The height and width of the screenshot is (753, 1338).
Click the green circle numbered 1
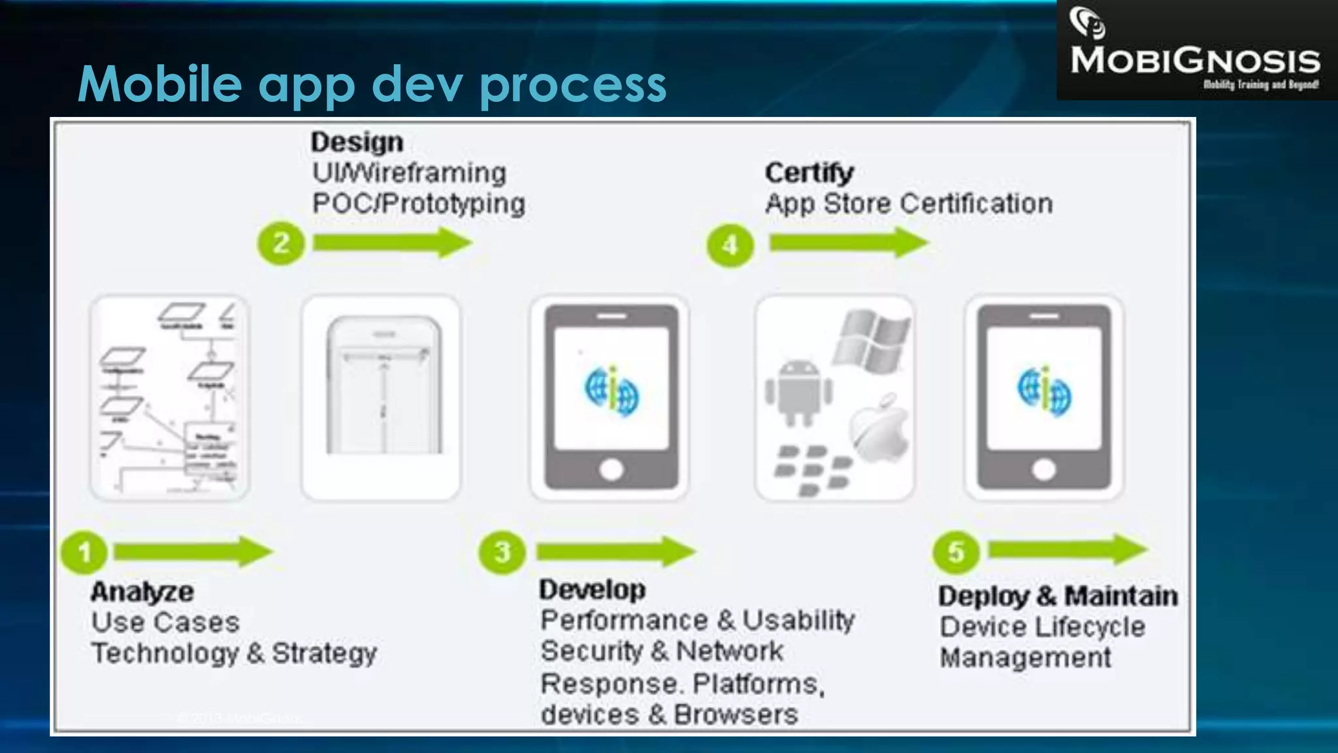click(x=84, y=552)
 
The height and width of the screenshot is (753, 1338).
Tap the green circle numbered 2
click(x=281, y=244)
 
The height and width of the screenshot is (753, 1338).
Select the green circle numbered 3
click(x=502, y=552)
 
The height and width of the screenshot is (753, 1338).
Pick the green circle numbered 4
click(x=730, y=245)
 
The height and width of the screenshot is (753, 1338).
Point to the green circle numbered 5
click(x=956, y=552)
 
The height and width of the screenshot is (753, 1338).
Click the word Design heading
click(x=357, y=142)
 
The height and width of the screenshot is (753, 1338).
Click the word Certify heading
click(x=809, y=173)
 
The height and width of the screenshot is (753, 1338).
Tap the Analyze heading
click(x=142, y=592)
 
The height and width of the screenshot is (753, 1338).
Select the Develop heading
click(x=592, y=590)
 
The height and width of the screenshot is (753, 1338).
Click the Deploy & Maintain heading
click(x=1058, y=596)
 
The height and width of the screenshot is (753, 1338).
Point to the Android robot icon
click(x=799, y=392)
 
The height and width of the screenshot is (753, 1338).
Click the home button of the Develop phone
click(x=611, y=469)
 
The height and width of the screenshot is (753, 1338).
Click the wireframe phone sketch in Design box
click(x=383, y=386)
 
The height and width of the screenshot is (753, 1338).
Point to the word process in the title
click(x=573, y=85)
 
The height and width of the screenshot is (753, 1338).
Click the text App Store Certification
click(x=909, y=204)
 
